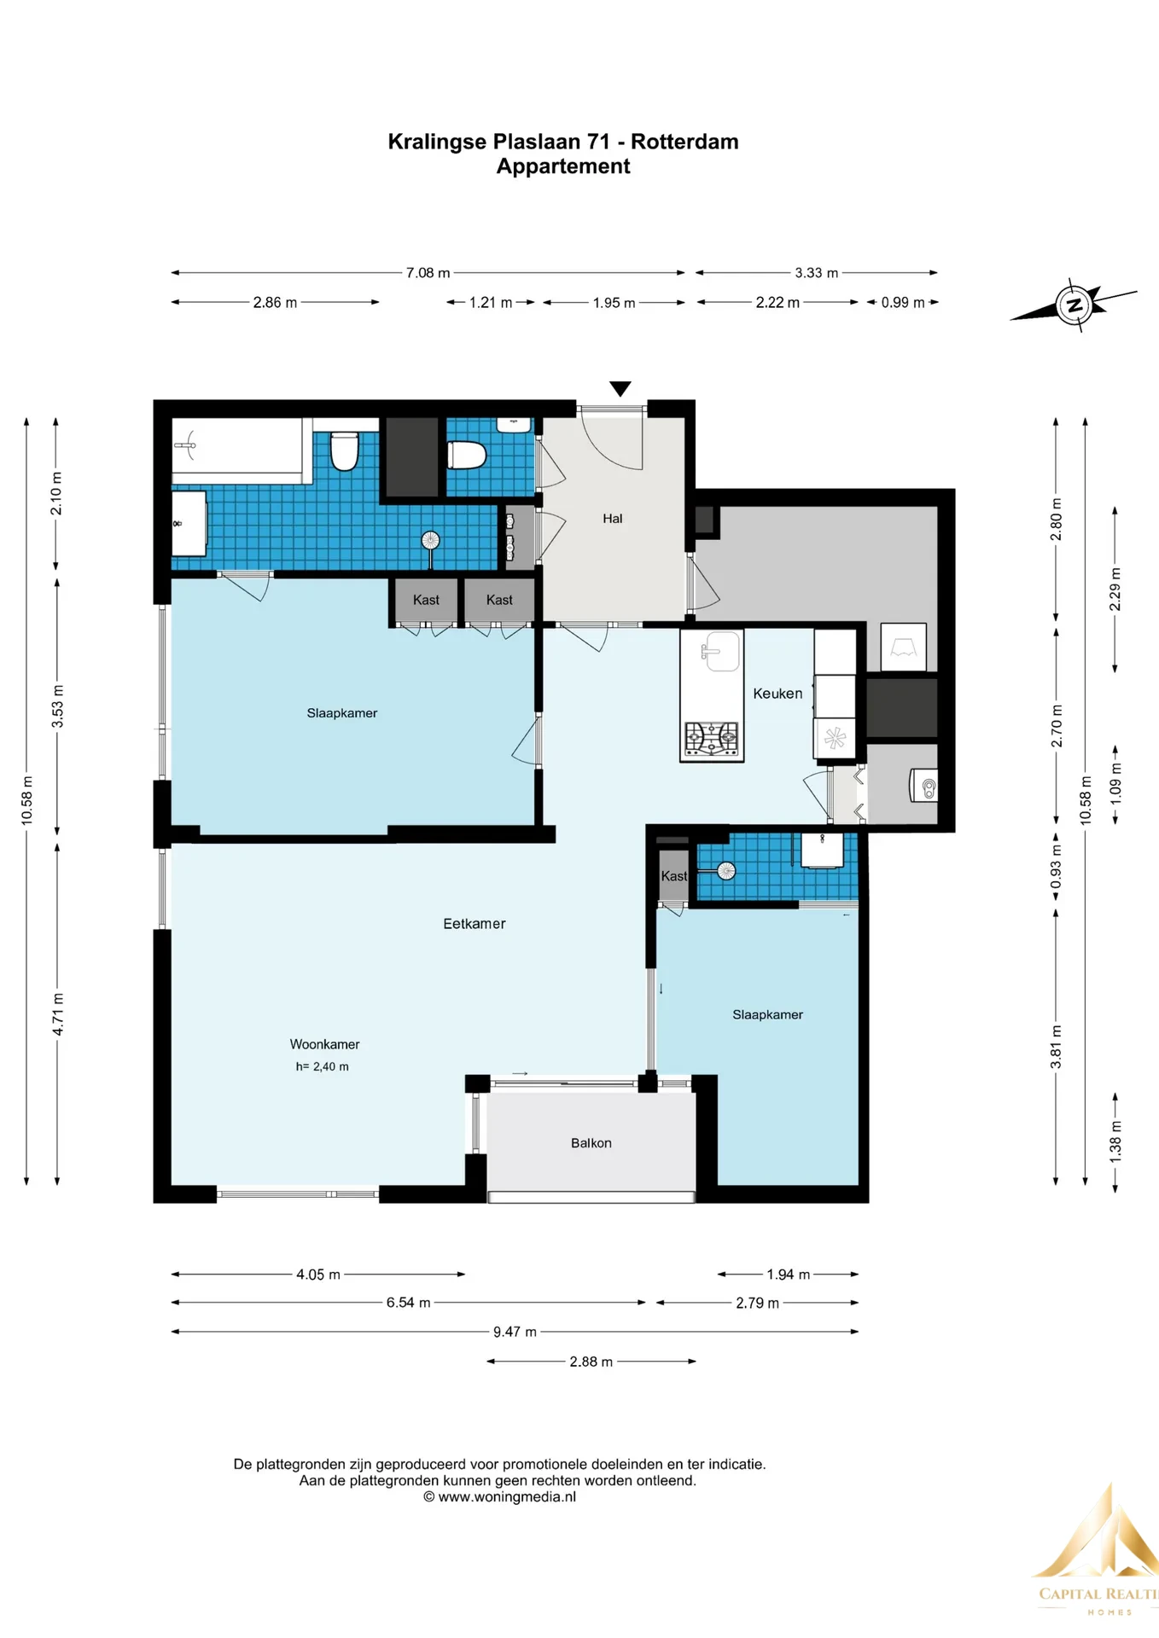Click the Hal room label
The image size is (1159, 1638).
pyautogui.click(x=612, y=519)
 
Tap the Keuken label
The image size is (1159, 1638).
pyautogui.click(x=778, y=694)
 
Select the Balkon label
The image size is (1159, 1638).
pyautogui.click(x=591, y=1143)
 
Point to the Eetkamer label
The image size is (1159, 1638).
pyautogui.click(x=475, y=924)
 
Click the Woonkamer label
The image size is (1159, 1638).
pyautogui.click(x=324, y=1044)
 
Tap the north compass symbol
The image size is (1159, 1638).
pyautogui.click(x=1074, y=305)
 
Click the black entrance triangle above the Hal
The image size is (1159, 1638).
pyautogui.click(x=620, y=389)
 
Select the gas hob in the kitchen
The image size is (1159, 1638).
pyautogui.click(x=712, y=738)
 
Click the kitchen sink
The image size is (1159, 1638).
pyautogui.click(x=719, y=652)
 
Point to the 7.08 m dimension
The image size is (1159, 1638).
pyautogui.click(x=428, y=273)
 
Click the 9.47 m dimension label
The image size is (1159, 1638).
pyautogui.click(x=515, y=1332)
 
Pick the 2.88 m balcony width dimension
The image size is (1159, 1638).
pyautogui.click(x=591, y=1362)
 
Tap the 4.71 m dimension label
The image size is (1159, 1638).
pyautogui.click(x=57, y=1014)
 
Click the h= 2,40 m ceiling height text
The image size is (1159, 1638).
pyautogui.click(x=323, y=1066)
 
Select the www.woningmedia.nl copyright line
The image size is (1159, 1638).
pyautogui.click(x=499, y=1496)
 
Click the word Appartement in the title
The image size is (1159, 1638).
pyautogui.click(x=563, y=166)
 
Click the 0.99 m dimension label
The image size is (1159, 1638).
pyautogui.click(x=903, y=303)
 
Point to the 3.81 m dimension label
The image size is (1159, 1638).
pyautogui.click(x=1056, y=1047)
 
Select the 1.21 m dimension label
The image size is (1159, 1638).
pyautogui.click(x=491, y=303)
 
